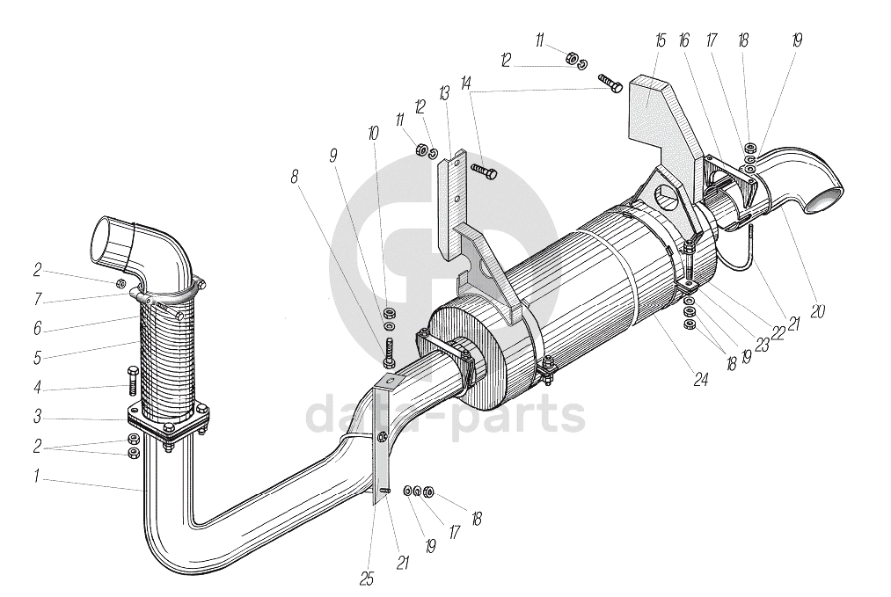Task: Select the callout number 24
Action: pyautogui.click(x=701, y=381)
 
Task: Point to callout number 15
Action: pyautogui.click(x=661, y=40)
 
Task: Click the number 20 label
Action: pyautogui.click(x=817, y=310)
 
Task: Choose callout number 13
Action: pyautogui.click(x=444, y=91)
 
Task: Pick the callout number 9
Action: pyautogui.click(x=332, y=155)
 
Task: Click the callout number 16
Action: pyautogui.click(x=684, y=40)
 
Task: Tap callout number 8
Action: pyautogui.click(x=295, y=176)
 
